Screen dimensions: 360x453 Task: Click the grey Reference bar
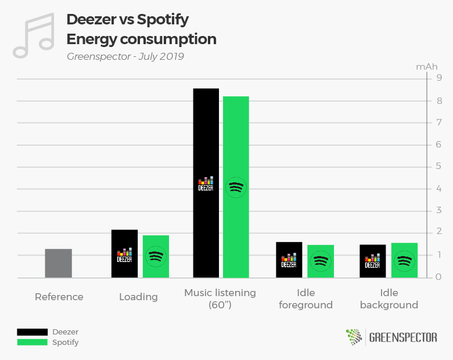[58, 263]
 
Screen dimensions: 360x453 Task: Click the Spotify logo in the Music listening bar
[236, 187]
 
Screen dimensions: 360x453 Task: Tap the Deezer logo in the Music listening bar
[206, 184]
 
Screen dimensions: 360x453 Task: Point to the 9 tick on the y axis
[439, 78]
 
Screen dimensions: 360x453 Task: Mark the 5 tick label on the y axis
[439, 167]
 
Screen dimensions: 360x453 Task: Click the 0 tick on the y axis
[439, 277]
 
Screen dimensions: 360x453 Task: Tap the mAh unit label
[426, 66]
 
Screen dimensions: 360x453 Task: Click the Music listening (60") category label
[220, 298]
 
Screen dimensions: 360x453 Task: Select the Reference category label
[59, 297]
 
